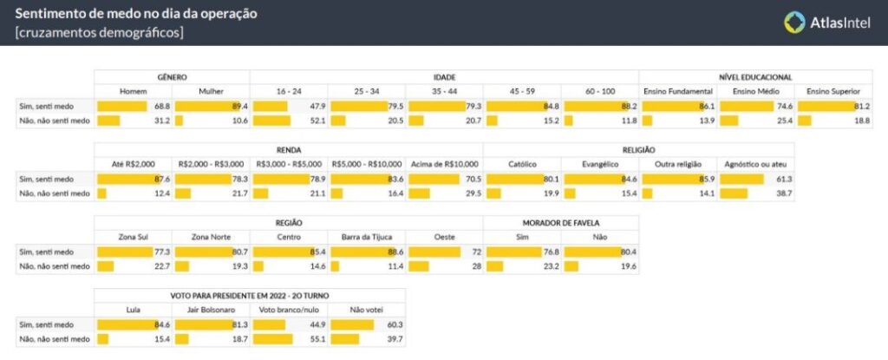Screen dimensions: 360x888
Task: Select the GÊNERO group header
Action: click(x=173, y=77)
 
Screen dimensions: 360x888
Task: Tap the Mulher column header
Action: click(x=212, y=91)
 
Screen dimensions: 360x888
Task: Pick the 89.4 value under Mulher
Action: click(x=239, y=106)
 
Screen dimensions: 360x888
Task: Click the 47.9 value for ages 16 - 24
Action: click(x=317, y=106)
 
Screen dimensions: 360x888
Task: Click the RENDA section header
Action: click(x=290, y=149)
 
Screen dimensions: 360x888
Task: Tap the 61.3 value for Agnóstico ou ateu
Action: click(x=783, y=178)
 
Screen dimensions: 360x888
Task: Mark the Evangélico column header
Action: click(x=600, y=163)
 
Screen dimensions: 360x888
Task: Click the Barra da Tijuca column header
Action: click(x=367, y=236)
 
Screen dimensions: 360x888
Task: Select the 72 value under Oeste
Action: click(x=475, y=250)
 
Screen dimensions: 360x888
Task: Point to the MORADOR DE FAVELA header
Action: click(x=561, y=222)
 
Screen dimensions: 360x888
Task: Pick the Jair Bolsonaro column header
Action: click(x=212, y=309)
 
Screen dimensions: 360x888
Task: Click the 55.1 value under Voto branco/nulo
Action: click(x=317, y=337)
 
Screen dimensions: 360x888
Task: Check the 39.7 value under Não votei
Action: click(x=395, y=337)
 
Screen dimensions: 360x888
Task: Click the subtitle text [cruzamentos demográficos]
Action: click(x=100, y=32)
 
